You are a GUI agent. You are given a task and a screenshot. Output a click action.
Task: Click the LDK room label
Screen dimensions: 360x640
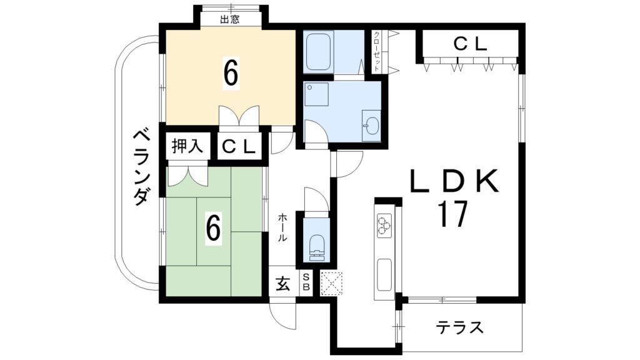point(454,182)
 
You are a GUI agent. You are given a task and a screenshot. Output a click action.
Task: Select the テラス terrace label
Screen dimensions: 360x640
point(460,327)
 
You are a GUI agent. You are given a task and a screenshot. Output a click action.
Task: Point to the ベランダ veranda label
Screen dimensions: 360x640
point(142,167)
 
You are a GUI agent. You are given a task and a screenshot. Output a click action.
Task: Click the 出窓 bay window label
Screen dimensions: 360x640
point(230,19)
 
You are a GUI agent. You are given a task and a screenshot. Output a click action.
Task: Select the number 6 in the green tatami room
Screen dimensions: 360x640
point(214,230)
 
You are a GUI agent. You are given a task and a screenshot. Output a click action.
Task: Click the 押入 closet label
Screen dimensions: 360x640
point(187,147)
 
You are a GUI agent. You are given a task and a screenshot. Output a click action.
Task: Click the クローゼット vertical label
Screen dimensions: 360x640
point(377,52)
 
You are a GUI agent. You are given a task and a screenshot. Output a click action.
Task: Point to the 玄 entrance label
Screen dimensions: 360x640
point(282,284)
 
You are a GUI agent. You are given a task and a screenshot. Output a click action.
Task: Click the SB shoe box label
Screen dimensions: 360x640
point(306,282)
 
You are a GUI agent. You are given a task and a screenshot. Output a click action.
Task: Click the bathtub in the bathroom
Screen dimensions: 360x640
point(319,51)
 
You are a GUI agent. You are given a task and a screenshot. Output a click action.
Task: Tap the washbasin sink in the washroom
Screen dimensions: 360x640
point(370,126)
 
